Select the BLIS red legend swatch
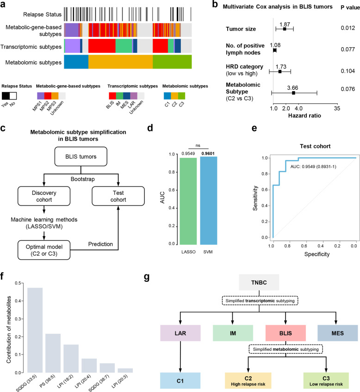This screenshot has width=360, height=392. pos(112,95)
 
